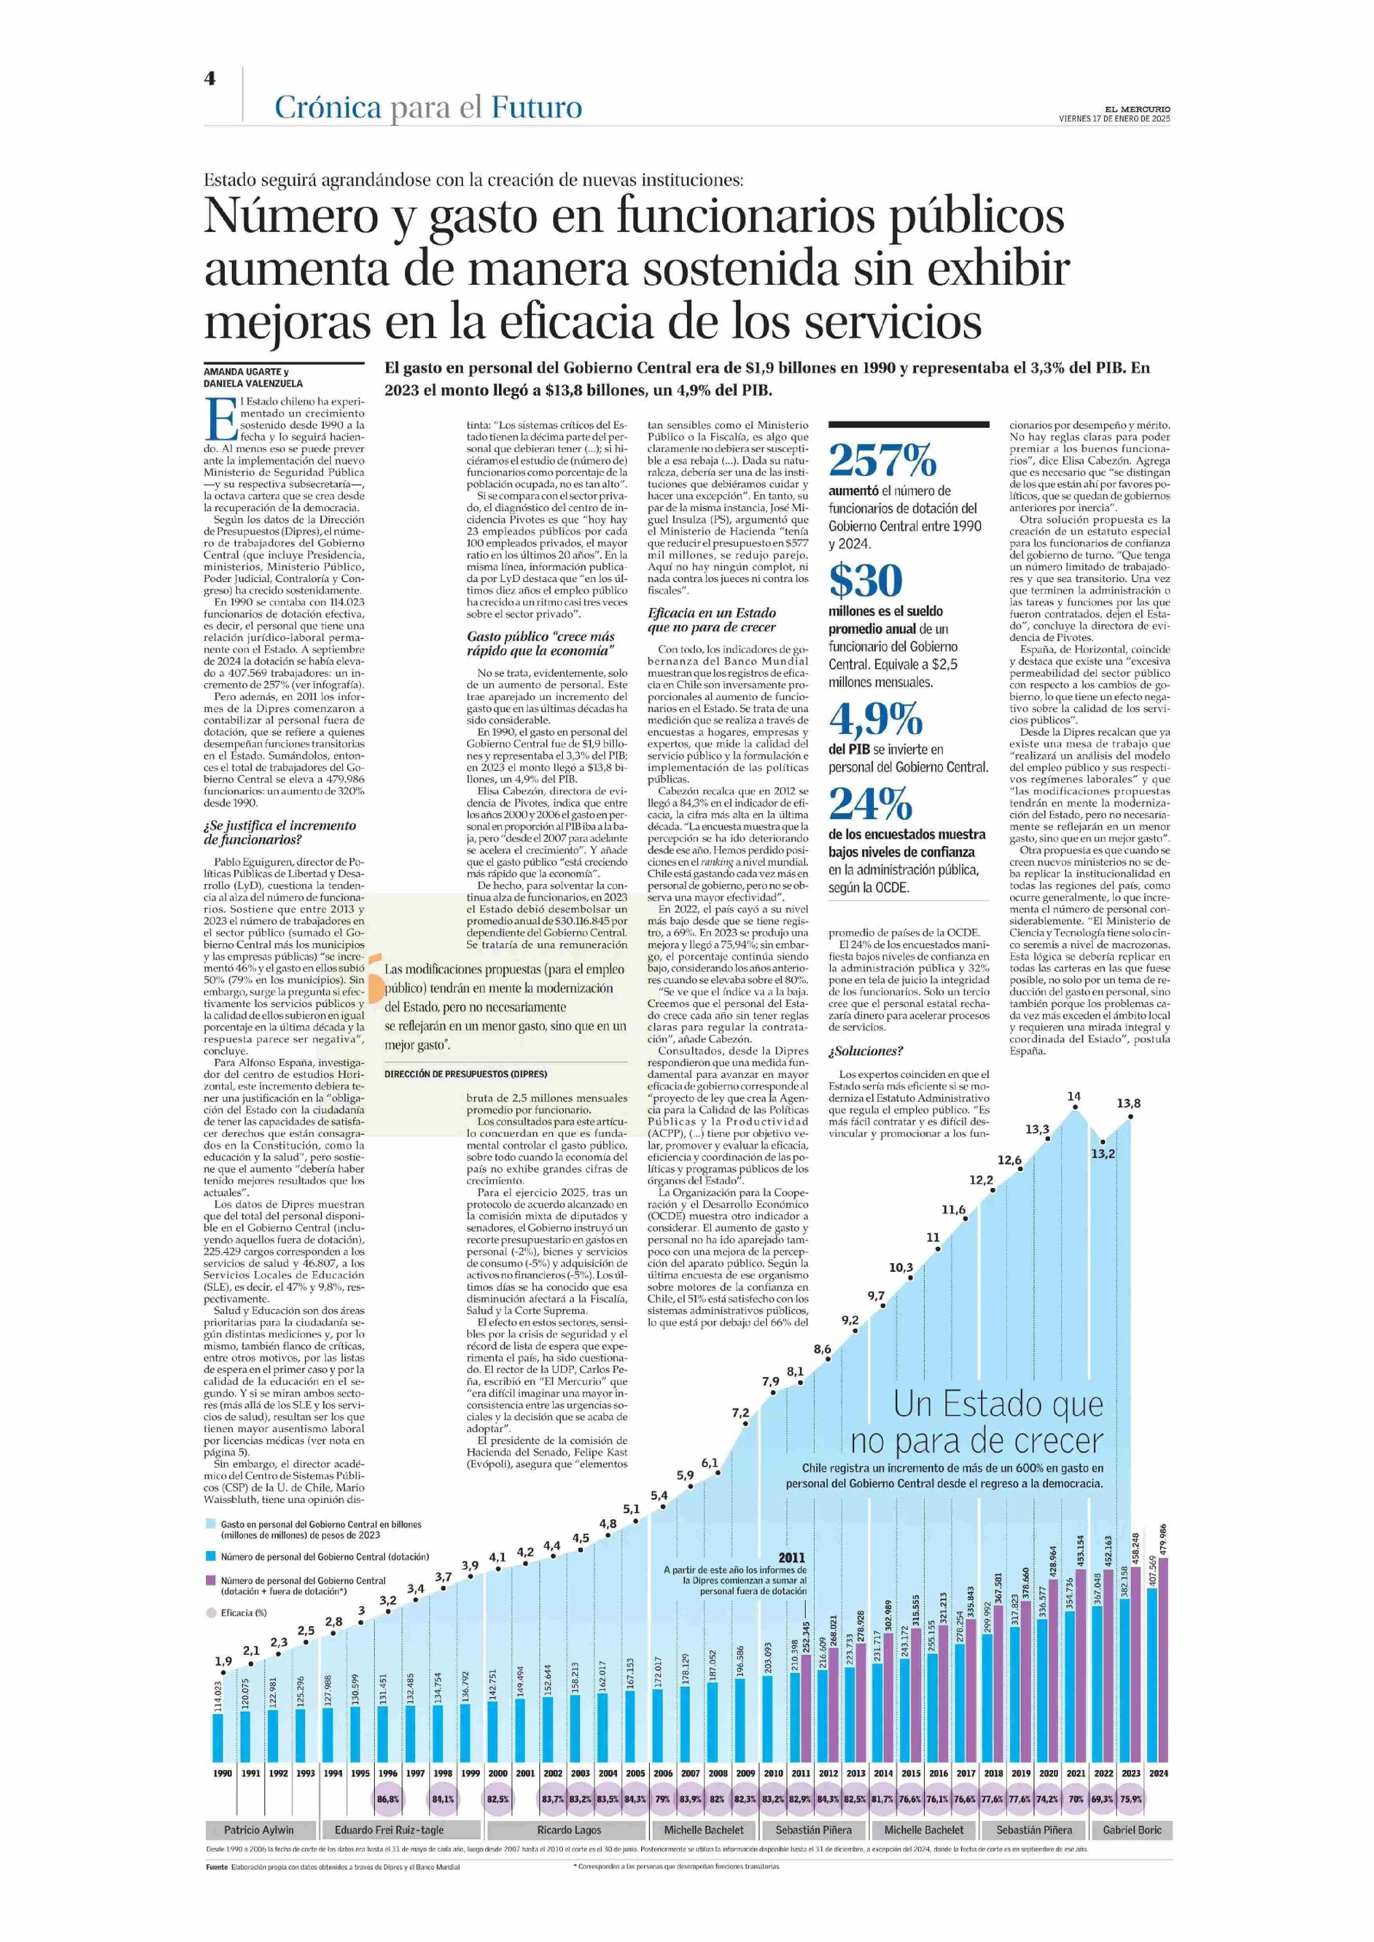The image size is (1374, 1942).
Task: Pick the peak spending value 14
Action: pos(1074,1097)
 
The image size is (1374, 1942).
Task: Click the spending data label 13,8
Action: pos(1129,1103)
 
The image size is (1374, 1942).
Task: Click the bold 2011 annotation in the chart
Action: pos(792,1557)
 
